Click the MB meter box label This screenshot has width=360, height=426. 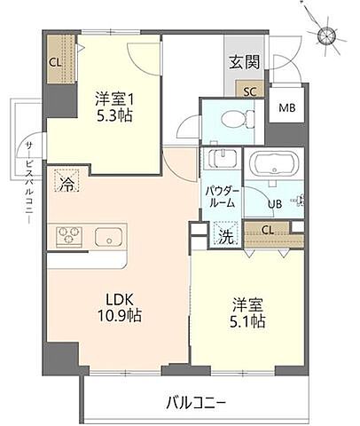tap(287, 109)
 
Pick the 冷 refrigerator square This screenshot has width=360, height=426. tap(67, 183)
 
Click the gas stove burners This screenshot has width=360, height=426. tap(69, 235)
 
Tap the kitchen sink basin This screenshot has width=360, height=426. tap(109, 237)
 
